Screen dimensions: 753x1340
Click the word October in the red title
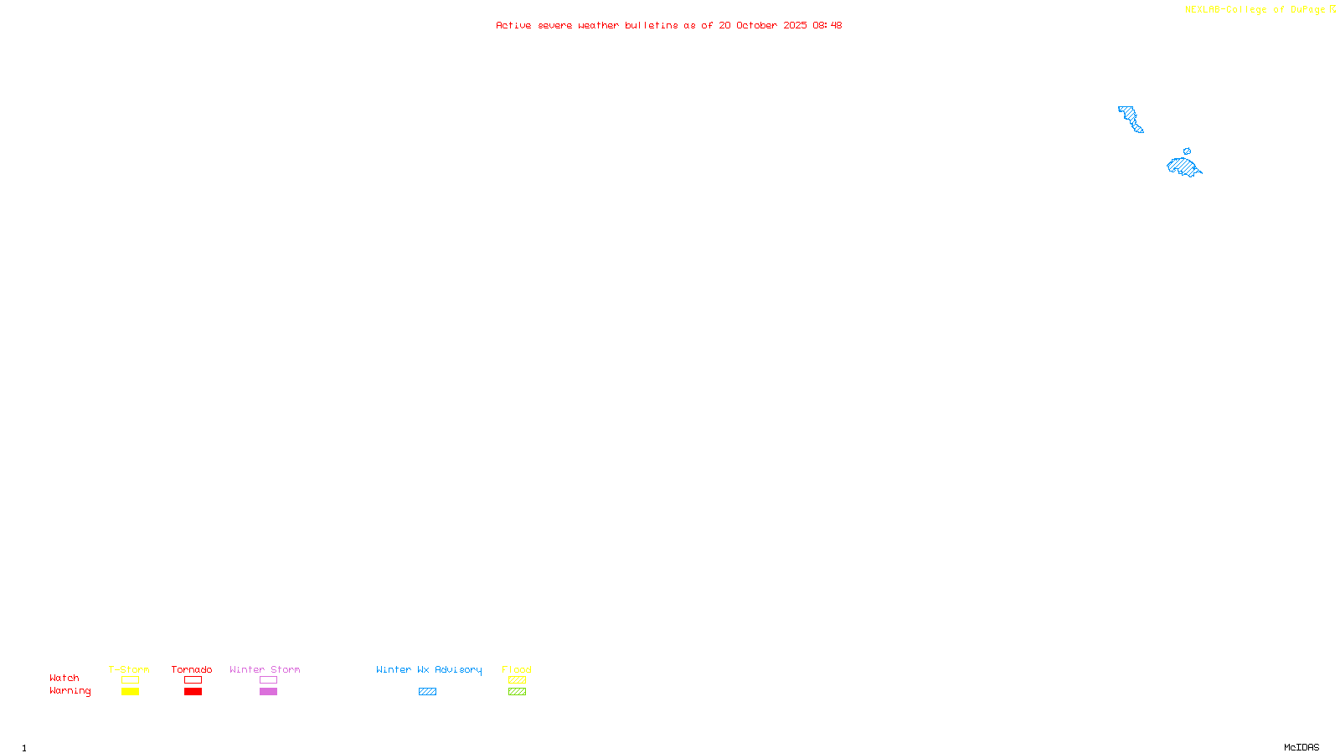point(756,25)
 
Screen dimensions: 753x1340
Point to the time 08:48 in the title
point(827,25)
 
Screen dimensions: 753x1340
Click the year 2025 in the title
point(796,25)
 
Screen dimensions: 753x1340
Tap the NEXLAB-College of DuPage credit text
point(1255,10)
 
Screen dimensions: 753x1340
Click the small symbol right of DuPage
point(1332,9)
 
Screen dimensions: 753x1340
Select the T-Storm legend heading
point(129,669)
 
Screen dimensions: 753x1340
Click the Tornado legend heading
point(192,669)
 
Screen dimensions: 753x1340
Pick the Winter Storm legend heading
point(265,669)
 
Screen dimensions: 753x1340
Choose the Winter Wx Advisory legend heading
point(429,669)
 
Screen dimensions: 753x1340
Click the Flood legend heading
point(517,669)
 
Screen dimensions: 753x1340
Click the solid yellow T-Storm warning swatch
point(130,692)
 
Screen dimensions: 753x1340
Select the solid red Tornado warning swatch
point(193,692)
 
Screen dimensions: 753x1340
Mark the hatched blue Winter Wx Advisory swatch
point(427,692)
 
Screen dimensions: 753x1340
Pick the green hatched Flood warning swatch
point(517,692)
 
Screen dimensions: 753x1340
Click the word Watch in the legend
point(64,679)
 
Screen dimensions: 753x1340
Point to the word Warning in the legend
point(70,691)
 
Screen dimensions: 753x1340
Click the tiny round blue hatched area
point(1187,151)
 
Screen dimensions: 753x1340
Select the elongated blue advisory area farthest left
point(1131,118)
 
